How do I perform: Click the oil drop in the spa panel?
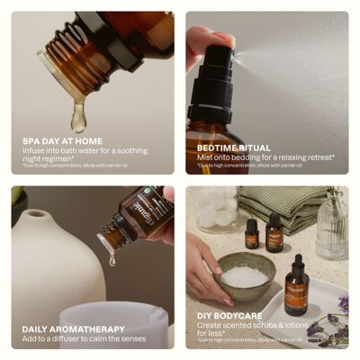[x=78, y=116]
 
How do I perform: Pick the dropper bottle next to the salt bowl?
[x=296, y=285]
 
